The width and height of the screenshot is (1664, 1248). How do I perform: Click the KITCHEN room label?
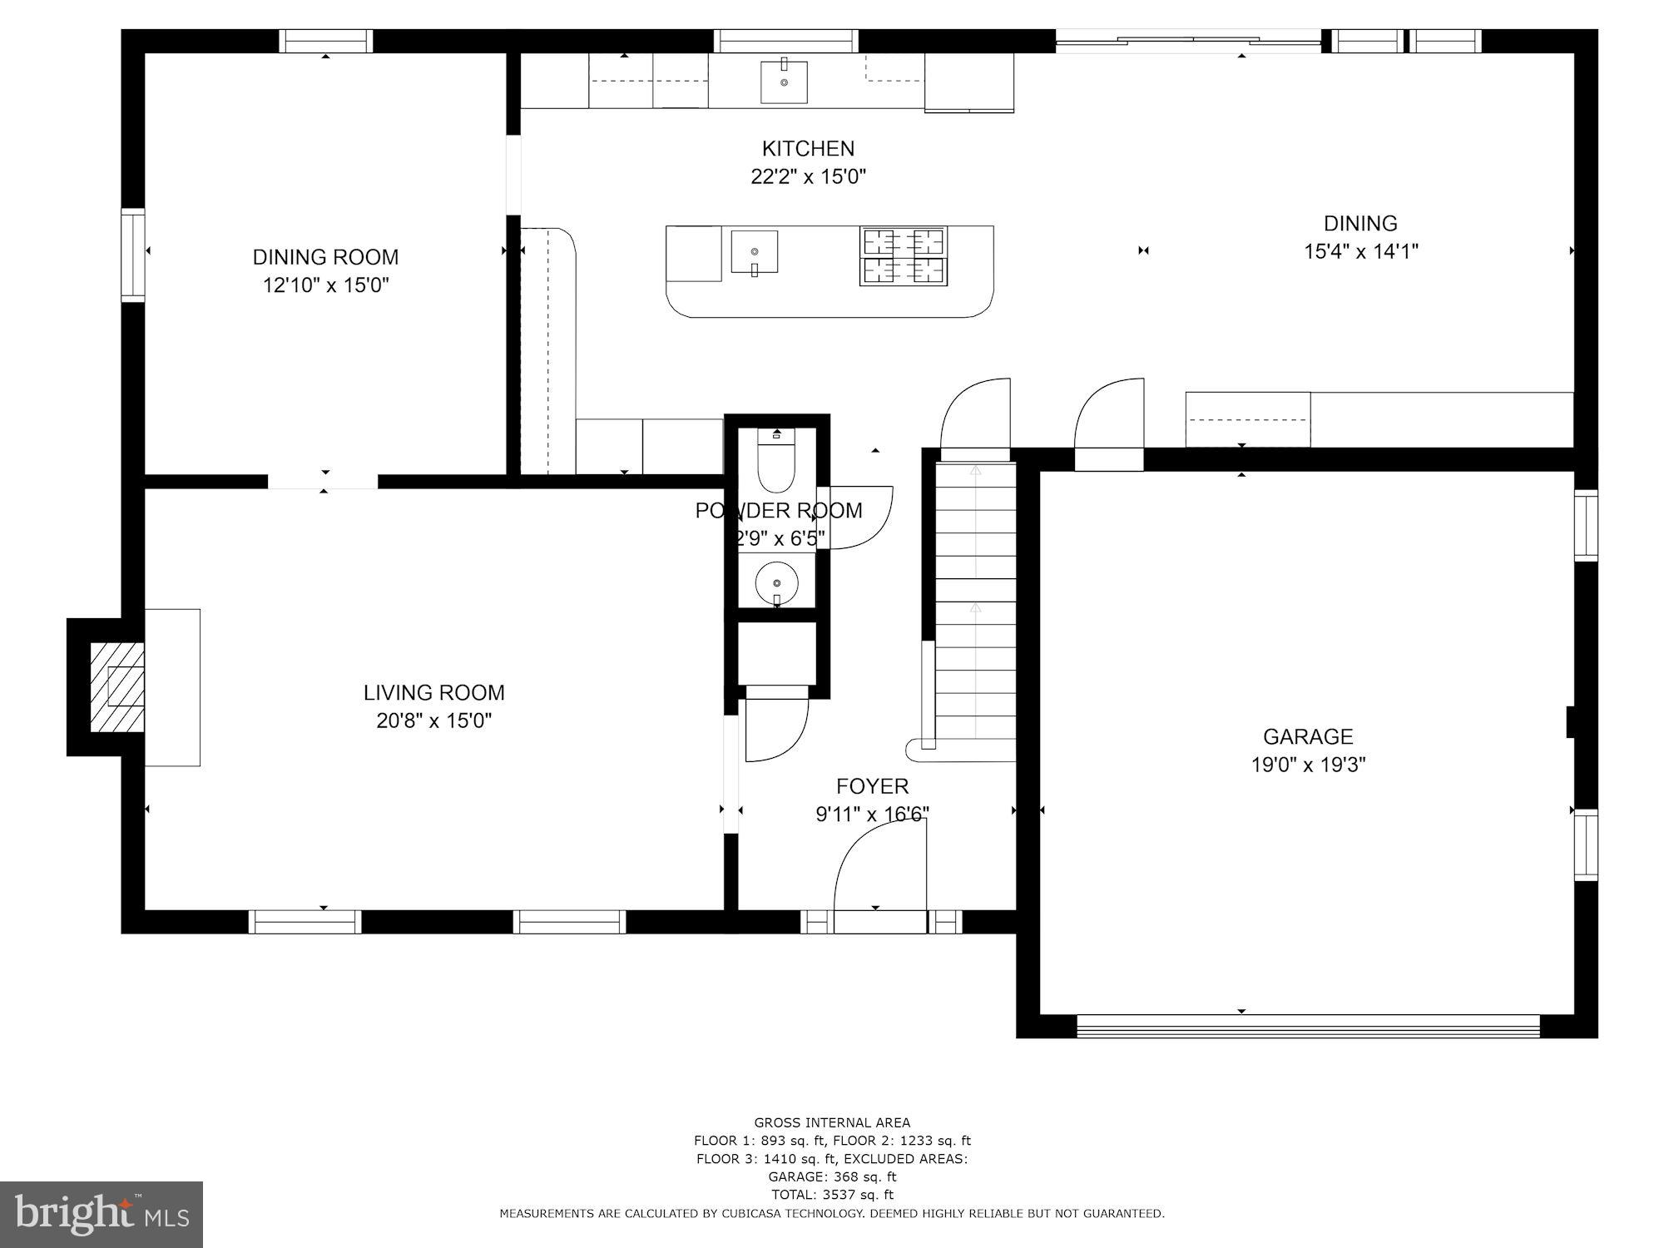pyautogui.click(x=808, y=149)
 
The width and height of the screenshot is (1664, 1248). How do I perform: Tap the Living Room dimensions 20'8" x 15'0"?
pyautogui.click(x=433, y=721)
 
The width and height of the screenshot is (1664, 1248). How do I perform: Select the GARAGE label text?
pyautogui.click(x=1308, y=736)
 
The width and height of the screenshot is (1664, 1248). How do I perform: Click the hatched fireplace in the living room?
pyautogui.click(x=116, y=687)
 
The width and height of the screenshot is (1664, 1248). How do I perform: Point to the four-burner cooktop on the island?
pyautogui.click(x=903, y=256)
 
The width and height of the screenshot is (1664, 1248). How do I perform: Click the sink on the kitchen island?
pyautogui.click(x=755, y=252)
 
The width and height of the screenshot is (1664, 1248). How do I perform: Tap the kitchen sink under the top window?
pyautogui.click(x=784, y=82)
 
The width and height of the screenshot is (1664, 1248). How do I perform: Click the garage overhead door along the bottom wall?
pyautogui.click(x=1308, y=1026)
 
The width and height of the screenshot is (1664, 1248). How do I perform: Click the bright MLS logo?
pyautogui.click(x=102, y=1215)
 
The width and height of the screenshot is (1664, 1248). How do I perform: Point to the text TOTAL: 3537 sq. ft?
pyautogui.click(x=832, y=1195)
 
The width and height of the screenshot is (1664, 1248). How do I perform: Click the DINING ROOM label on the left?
pyautogui.click(x=325, y=257)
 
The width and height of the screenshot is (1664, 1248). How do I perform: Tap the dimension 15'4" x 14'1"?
pyautogui.click(x=1360, y=251)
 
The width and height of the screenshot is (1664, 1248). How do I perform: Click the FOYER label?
pyautogui.click(x=872, y=786)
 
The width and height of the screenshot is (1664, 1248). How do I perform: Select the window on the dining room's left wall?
pyautogui.click(x=133, y=255)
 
